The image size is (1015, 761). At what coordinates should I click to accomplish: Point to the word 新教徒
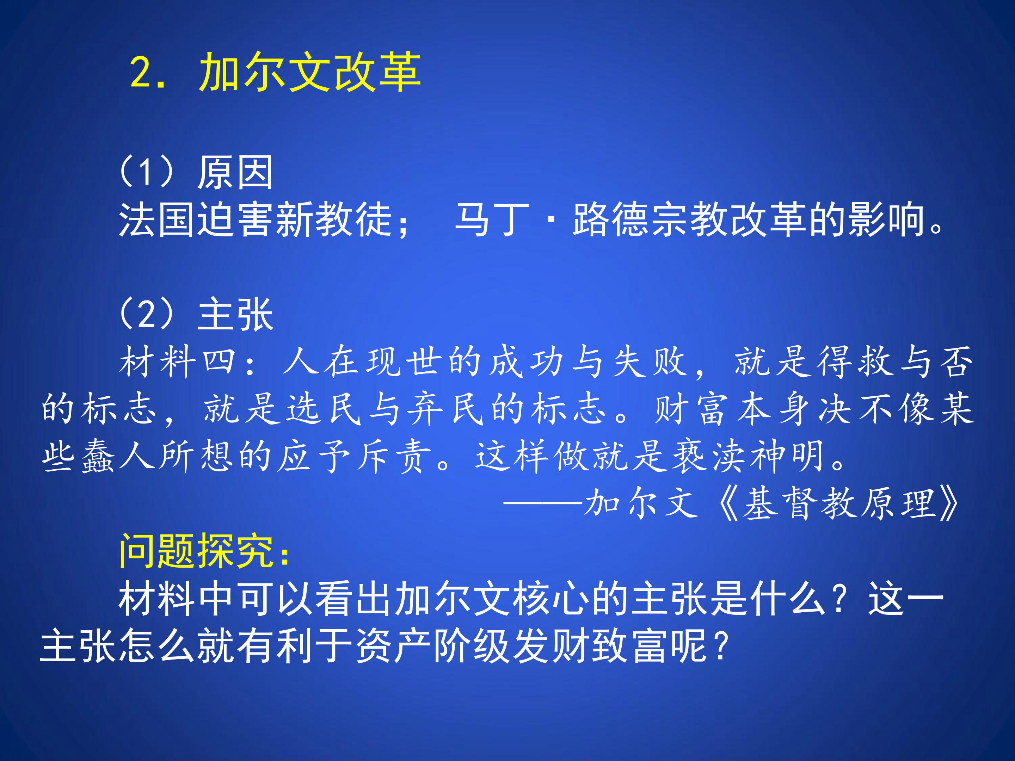(x=334, y=220)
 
